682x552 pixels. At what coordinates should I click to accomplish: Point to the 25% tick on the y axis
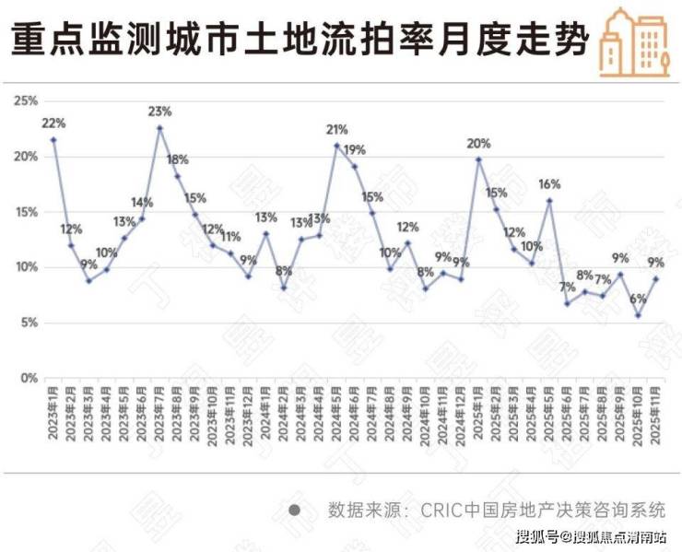tap(25, 100)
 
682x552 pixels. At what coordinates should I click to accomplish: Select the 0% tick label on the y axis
tap(28, 378)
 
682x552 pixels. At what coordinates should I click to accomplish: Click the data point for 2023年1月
tap(53, 139)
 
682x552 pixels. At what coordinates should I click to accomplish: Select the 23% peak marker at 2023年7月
tap(159, 128)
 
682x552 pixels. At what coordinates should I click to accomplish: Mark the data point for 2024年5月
tap(336, 145)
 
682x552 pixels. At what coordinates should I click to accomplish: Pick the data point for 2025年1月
tap(478, 159)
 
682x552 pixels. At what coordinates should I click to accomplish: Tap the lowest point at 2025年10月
tap(638, 315)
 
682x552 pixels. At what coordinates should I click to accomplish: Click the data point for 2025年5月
tap(549, 200)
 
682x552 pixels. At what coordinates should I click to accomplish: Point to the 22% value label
tap(53, 123)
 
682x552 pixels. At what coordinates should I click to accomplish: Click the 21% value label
tap(336, 129)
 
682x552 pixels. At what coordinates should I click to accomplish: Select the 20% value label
tap(478, 143)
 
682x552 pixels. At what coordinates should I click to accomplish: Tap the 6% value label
tap(638, 299)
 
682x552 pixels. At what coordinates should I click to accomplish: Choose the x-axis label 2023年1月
tap(53, 415)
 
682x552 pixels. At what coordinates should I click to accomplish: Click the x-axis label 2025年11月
tap(655, 417)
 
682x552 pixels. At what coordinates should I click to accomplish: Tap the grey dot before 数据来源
tap(294, 510)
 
